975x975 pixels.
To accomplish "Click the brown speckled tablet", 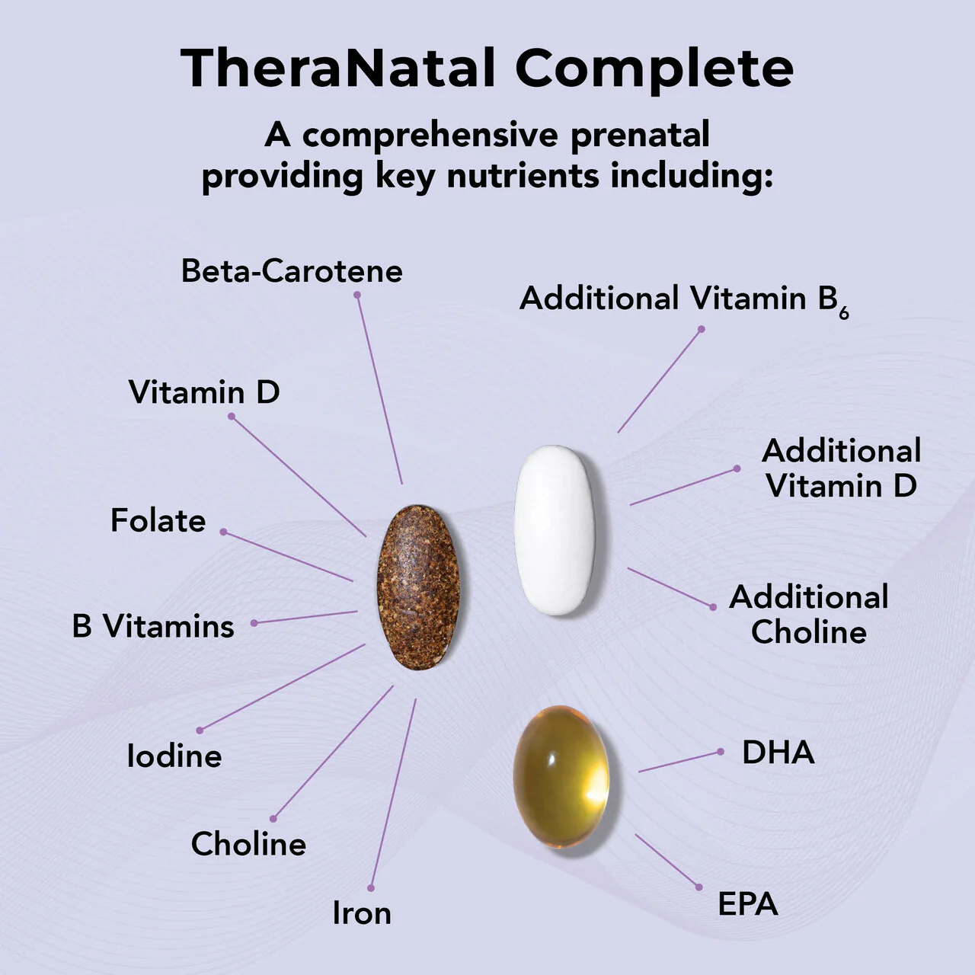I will click(x=418, y=587).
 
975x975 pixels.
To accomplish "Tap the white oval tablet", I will click(x=555, y=530).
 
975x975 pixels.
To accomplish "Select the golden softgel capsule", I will click(x=561, y=777).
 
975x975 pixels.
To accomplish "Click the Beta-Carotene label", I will click(x=292, y=271).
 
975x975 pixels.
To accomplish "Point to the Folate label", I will click(x=158, y=521).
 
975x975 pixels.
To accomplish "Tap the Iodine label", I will click(x=174, y=756).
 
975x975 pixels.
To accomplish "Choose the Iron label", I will click(x=362, y=913).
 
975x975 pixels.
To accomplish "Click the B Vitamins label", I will click(x=153, y=626).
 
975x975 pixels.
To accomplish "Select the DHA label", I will click(x=778, y=753).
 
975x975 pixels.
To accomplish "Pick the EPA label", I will click(x=748, y=904).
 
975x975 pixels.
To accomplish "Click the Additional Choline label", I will click(x=809, y=615).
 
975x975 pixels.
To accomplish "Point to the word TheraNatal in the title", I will click(x=337, y=68).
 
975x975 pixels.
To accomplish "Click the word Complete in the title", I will click(x=654, y=68).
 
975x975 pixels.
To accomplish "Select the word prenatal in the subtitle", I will click(x=640, y=136).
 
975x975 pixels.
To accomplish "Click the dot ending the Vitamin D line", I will click(x=232, y=417).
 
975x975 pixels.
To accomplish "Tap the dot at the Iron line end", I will click(x=371, y=888).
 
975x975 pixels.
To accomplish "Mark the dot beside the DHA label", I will click(x=721, y=752).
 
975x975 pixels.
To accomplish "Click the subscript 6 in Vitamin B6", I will click(x=844, y=312).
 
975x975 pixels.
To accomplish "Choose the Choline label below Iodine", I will click(x=248, y=844).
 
